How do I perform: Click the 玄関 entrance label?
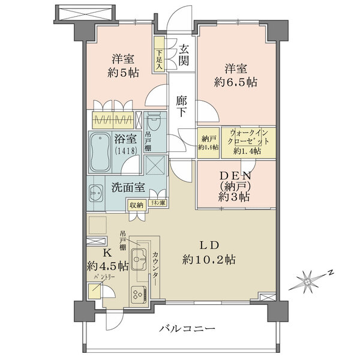(184, 52)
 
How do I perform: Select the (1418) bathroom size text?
(125, 151)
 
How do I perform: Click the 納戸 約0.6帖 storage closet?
(208, 143)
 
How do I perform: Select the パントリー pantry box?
(95, 292)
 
